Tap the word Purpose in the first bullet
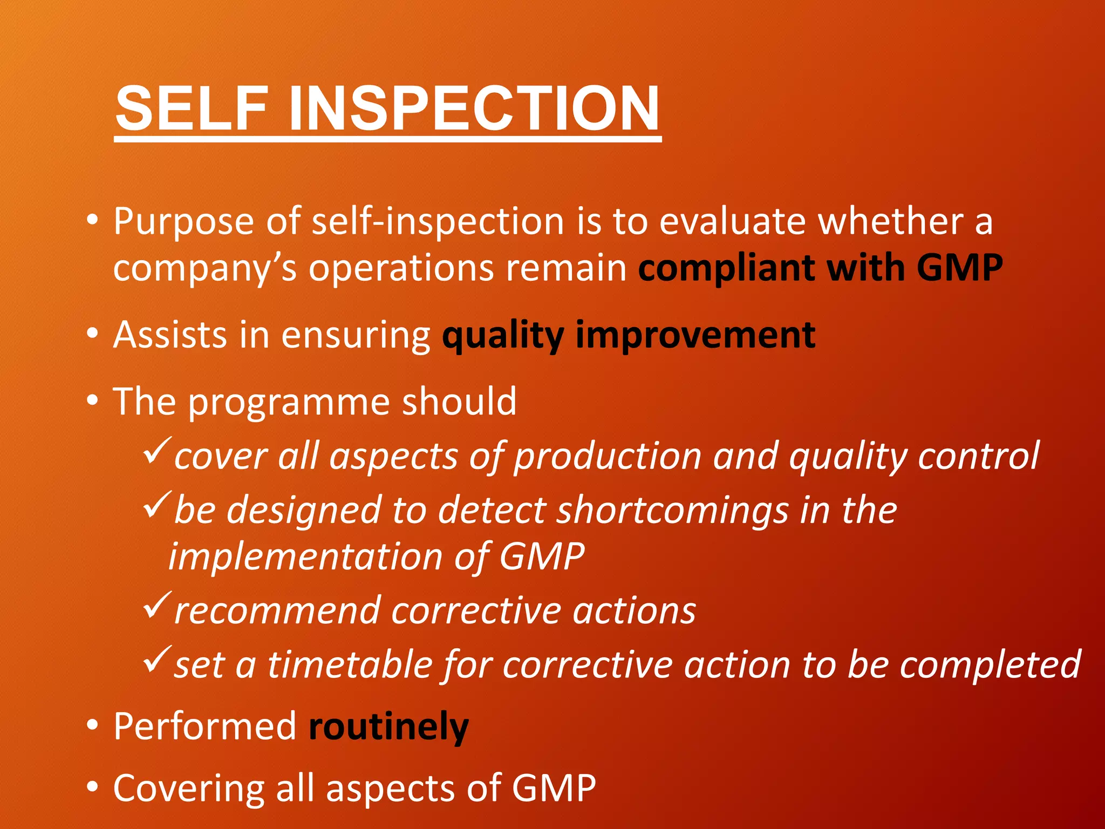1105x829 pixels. tap(183, 222)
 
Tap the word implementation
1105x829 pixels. tap(305, 557)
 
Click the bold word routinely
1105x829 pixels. tap(388, 727)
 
